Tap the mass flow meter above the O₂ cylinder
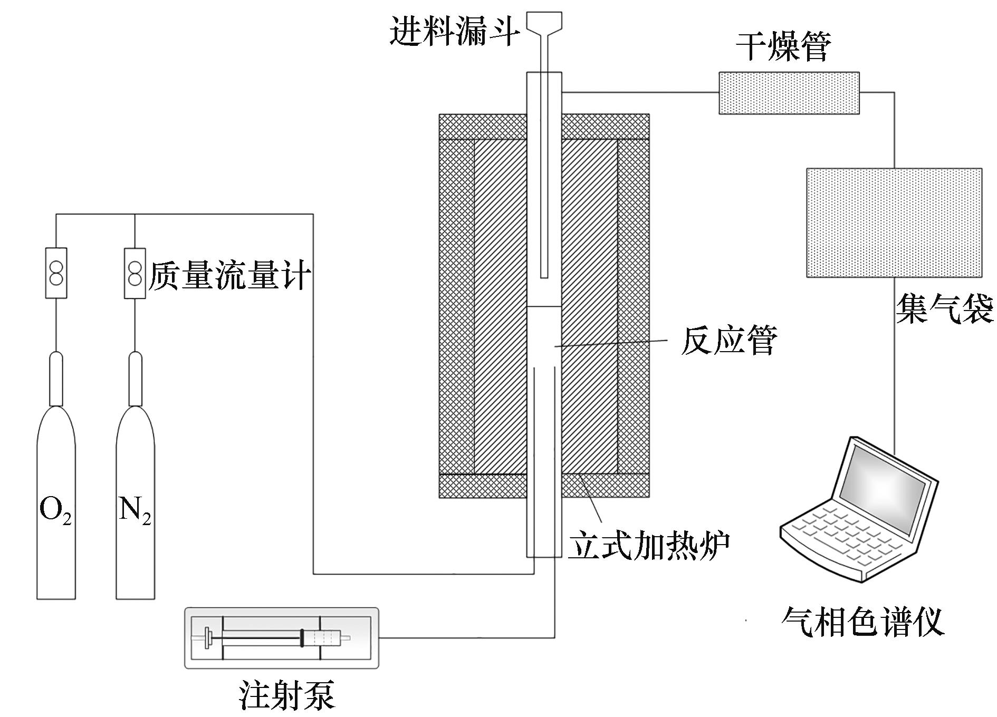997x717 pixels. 56,273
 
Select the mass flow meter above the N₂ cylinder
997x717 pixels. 135,273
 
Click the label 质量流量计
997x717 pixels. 229,275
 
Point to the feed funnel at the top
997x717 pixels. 544,24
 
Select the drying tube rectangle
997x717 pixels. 789,93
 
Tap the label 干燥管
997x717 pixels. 783,46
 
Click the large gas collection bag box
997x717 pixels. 894,222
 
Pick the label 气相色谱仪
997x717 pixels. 862,622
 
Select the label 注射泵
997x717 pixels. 286,695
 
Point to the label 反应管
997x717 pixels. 728,341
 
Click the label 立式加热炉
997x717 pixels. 649,546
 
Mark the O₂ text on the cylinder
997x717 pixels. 55,510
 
